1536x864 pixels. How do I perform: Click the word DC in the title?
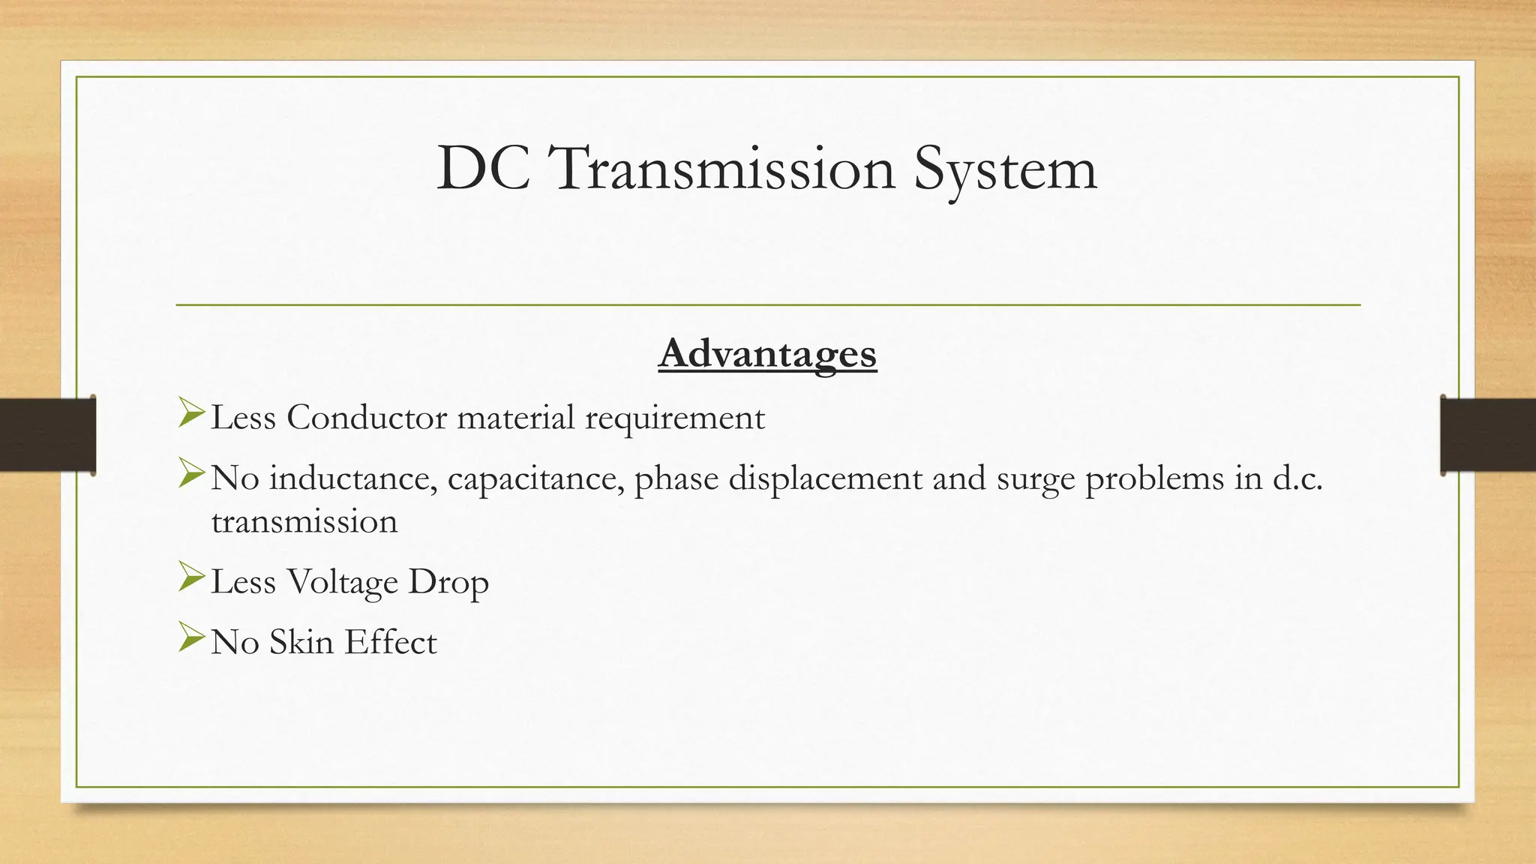[x=484, y=169]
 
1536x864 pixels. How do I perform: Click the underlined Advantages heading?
[x=767, y=354]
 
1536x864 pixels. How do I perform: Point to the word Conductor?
[x=367, y=418]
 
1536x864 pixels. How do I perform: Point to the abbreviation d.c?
[x=1297, y=478]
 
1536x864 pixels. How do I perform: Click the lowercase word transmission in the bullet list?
[x=304, y=522]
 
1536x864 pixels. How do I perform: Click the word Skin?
[x=301, y=642]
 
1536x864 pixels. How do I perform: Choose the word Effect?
[x=391, y=642]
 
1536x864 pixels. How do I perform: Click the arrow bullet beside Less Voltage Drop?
[x=191, y=577]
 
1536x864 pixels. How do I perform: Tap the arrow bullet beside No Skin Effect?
[x=191, y=637]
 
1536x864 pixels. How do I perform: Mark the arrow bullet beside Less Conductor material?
[x=191, y=413]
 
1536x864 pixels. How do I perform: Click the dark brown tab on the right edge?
[x=1488, y=435]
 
